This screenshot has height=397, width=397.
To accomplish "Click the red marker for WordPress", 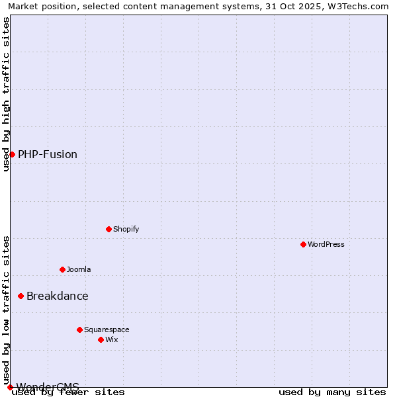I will click(303, 244).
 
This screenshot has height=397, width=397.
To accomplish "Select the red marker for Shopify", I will click(109, 229).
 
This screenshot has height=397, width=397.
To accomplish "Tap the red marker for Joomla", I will click(62, 269).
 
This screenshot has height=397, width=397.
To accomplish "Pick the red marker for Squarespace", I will click(79, 330).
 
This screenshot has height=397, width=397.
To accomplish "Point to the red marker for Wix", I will click(101, 339).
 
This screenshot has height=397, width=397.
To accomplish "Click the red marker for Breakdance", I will click(21, 296).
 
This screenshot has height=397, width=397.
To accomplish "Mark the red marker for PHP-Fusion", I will click(12, 154).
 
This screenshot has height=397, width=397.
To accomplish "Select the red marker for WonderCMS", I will click(10, 387).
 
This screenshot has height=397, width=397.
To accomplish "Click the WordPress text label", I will click(326, 244).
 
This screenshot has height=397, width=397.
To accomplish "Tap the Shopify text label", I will click(126, 229).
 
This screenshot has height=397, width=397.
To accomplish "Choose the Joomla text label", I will click(79, 269).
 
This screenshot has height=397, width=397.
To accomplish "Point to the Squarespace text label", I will click(107, 330).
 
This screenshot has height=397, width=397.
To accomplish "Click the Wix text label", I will click(112, 339).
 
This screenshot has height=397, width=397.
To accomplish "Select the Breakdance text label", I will click(58, 296).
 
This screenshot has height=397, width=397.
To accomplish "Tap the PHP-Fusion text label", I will click(48, 154).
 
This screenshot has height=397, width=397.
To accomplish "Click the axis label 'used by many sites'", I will click(332, 392).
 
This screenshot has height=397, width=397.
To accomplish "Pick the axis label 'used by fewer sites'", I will click(69, 392).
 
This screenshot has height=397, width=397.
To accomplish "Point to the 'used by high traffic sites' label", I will click(6, 94).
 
